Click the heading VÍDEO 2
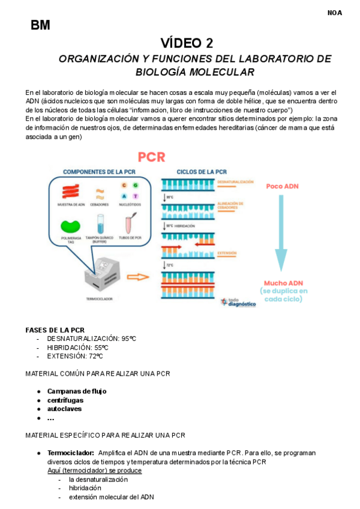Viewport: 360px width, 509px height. [186, 43]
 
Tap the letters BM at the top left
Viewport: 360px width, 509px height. [40, 25]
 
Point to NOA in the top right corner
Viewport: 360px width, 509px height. [334, 12]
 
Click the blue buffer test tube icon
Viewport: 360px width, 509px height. [99, 223]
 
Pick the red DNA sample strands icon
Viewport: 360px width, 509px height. [70, 191]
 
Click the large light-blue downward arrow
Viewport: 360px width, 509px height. [281, 234]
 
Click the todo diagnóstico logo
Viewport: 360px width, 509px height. [238, 303]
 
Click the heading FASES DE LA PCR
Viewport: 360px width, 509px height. [55, 330]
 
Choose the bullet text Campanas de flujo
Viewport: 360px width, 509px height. [77, 391]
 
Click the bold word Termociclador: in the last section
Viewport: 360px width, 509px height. [71, 453]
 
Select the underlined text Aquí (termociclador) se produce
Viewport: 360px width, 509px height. [95, 471]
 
